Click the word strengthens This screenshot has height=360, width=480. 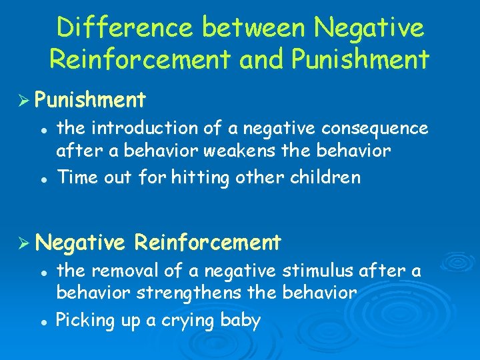[x=215, y=293]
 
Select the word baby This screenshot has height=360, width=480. [x=240, y=320]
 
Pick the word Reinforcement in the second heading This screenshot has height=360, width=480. [x=207, y=242]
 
